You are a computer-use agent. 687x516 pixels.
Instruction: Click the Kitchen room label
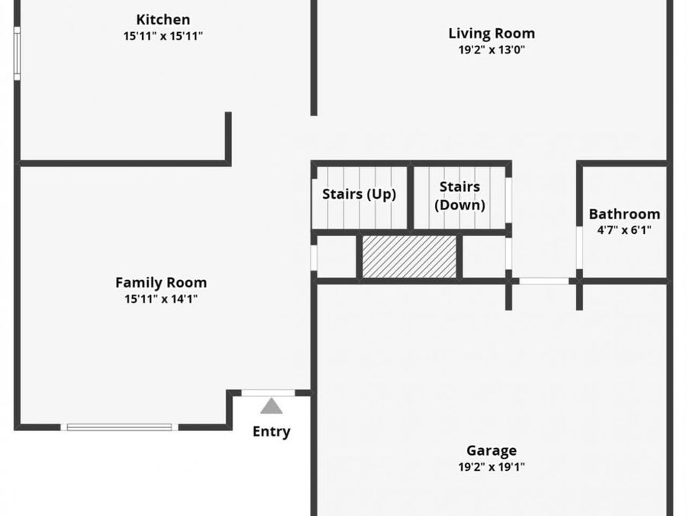point(163,20)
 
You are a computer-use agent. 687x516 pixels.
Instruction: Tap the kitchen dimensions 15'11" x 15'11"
point(163,36)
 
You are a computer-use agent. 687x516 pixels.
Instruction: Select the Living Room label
point(492,34)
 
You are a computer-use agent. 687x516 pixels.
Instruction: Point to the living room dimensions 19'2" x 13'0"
point(492,50)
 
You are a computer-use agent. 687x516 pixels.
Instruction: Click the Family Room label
point(161,283)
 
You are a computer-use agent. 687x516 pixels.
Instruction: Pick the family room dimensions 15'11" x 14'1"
point(161,299)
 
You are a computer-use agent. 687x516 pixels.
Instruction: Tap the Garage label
point(492,450)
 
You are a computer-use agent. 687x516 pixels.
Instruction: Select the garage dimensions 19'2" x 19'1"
point(492,467)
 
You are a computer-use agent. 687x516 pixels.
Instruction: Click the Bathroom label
point(624,214)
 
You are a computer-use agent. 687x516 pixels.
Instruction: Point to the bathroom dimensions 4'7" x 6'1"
point(624,230)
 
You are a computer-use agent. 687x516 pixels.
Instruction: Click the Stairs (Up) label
point(360,194)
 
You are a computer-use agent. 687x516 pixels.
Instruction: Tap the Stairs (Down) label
point(460,196)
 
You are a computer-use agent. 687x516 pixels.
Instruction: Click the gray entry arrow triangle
point(271,407)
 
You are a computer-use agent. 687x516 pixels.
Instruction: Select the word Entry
point(271,431)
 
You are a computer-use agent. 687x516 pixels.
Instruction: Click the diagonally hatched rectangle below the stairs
point(409,257)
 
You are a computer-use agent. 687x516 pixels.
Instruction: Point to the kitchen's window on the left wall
point(17,54)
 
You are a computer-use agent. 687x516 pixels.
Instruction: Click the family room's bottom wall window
point(119,427)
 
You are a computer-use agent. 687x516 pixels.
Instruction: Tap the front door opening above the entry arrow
point(268,393)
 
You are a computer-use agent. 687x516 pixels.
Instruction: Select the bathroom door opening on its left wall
point(579,247)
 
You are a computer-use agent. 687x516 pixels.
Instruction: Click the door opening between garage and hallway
point(543,281)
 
